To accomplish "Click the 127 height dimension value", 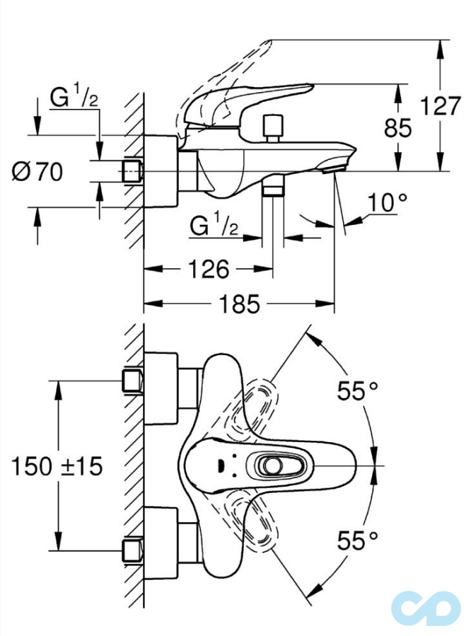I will tap(441, 107).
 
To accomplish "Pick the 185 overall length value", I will tap(240, 305).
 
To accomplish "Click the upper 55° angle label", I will tap(358, 391).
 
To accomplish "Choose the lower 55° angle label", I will tap(358, 541).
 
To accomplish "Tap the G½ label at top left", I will tap(74, 98).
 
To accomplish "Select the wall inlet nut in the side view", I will tap(132, 171).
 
